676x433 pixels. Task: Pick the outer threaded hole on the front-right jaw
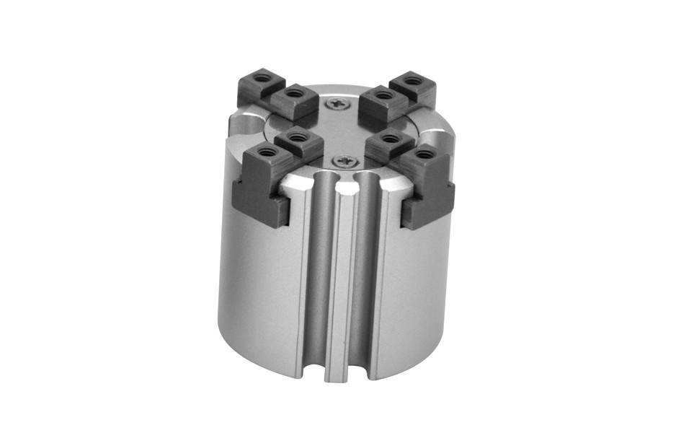[x=424, y=154]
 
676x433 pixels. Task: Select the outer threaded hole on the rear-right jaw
[x=411, y=80]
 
